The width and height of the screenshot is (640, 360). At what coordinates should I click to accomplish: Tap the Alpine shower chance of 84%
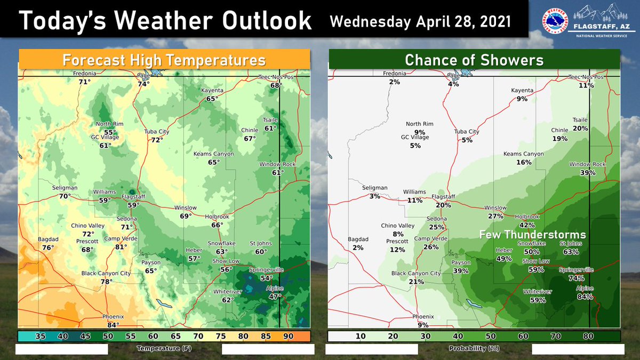click(585, 297)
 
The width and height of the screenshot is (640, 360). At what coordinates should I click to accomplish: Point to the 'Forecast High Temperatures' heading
click(164, 59)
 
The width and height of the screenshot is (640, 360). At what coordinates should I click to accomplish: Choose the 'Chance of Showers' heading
click(474, 59)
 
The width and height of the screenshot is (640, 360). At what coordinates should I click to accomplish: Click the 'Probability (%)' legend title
click(474, 348)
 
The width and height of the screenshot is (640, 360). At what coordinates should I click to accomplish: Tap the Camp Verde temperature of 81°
click(121, 246)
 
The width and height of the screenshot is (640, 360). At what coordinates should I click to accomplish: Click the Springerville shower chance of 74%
click(575, 278)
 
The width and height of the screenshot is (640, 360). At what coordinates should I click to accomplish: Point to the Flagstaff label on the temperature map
click(126, 196)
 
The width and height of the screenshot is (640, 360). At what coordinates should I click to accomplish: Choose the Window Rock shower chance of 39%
click(588, 173)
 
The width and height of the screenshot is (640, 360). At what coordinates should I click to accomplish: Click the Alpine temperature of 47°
click(275, 297)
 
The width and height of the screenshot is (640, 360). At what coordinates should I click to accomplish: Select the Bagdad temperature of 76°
click(48, 247)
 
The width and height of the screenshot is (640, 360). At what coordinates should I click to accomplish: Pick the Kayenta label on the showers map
click(522, 91)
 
